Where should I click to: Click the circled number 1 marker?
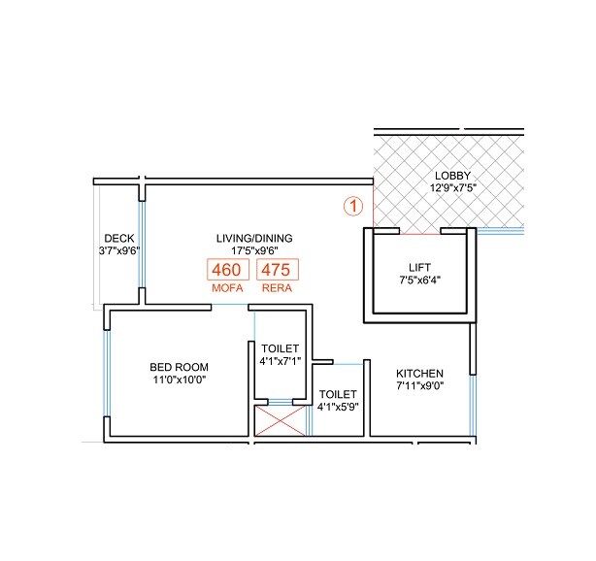[354, 206]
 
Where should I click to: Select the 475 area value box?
[277, 271]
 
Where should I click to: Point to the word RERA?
[277, 289]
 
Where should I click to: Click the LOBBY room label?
[452, 175]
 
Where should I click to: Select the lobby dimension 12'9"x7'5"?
[452, 187]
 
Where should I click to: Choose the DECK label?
[119, 238]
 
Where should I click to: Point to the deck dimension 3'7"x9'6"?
[119, 250]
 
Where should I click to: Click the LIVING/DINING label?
[254, 237]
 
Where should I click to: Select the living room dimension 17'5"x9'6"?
[254, 250]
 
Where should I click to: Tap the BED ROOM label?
[179, 366]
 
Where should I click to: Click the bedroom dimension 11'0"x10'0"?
[179, 379]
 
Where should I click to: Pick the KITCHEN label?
[419, 374]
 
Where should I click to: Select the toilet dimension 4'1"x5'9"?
[338, 408]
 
